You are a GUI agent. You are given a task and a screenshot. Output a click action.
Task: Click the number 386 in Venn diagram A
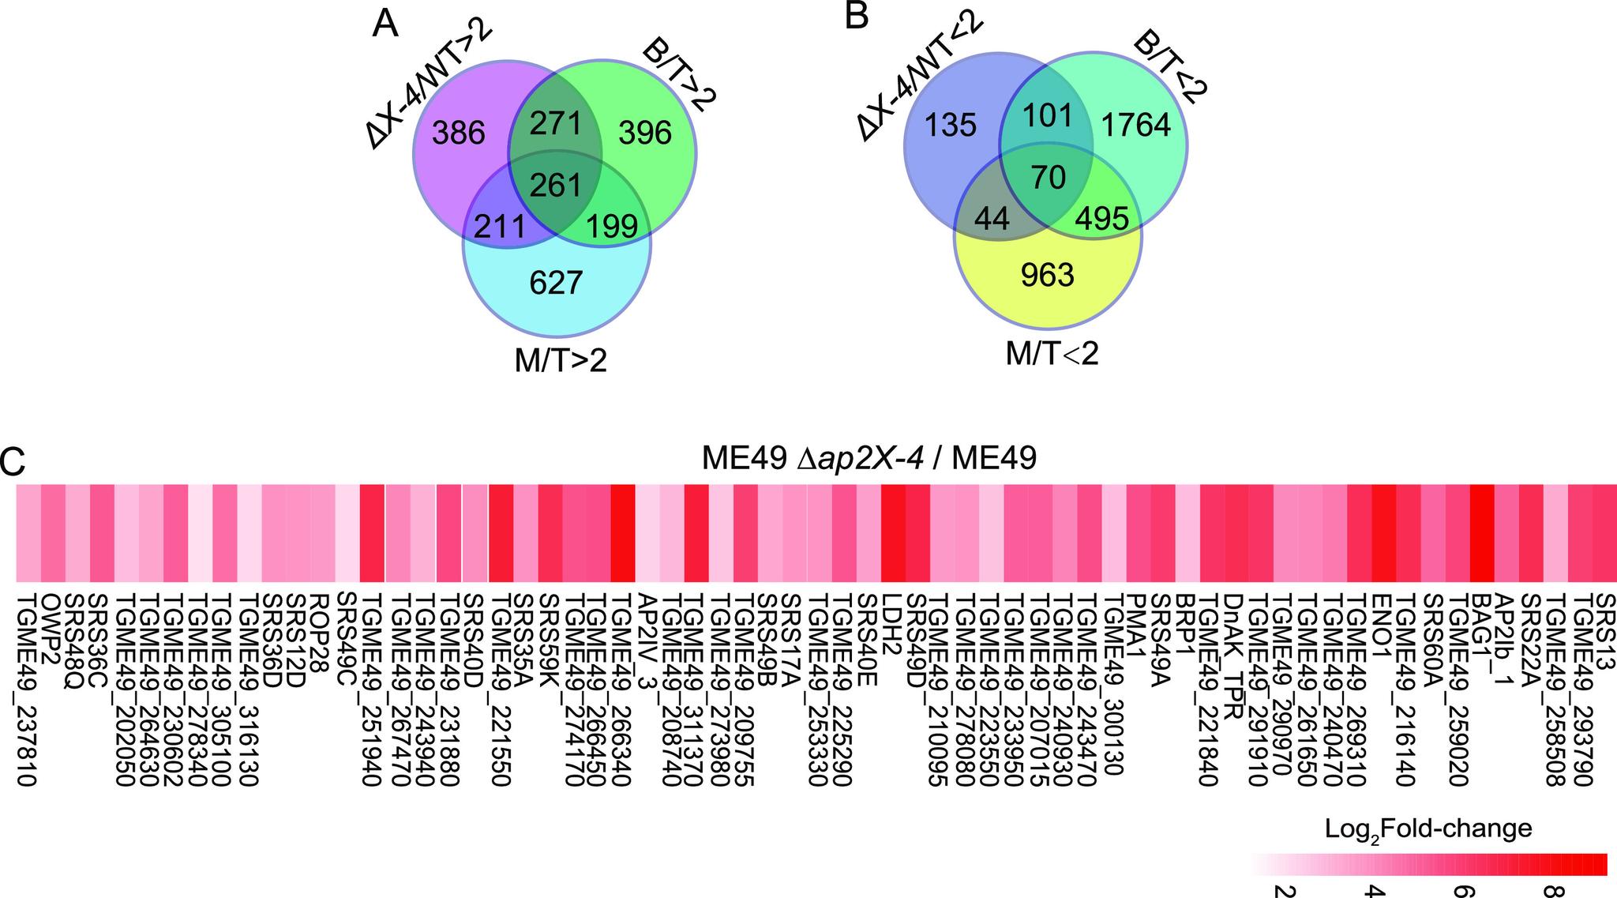pos(459,133)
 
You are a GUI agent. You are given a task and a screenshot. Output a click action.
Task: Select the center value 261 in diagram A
pos(556,184)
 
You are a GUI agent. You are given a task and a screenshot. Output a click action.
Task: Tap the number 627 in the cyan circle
pos(556,282)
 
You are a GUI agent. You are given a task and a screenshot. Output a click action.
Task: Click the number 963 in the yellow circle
pos(1047,274)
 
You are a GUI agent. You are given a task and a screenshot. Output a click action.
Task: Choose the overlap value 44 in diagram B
pos(992,219)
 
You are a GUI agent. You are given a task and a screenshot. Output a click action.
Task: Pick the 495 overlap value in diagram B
pos(1102,219)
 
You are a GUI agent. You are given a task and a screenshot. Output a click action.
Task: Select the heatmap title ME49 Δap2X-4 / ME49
pos(869,458)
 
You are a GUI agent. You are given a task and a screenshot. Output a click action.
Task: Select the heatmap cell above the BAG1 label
pos(1482,533)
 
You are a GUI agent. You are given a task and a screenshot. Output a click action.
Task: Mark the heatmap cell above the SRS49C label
pos(347,533)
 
